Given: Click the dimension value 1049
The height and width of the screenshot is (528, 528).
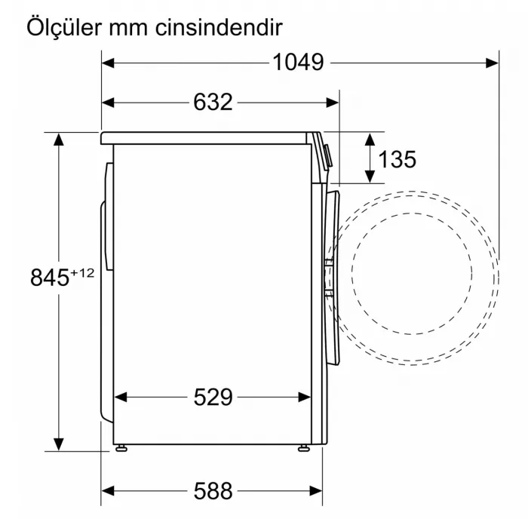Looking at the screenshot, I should [298, 62].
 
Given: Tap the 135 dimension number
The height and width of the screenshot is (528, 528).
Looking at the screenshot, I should [397, 159].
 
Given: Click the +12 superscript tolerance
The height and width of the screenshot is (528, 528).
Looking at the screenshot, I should [82, 272].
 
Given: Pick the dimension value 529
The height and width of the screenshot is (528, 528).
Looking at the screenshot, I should [212, 397].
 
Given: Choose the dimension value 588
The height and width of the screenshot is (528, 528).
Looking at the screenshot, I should [212, 491].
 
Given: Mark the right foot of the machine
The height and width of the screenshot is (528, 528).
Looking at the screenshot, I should [303, 447].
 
